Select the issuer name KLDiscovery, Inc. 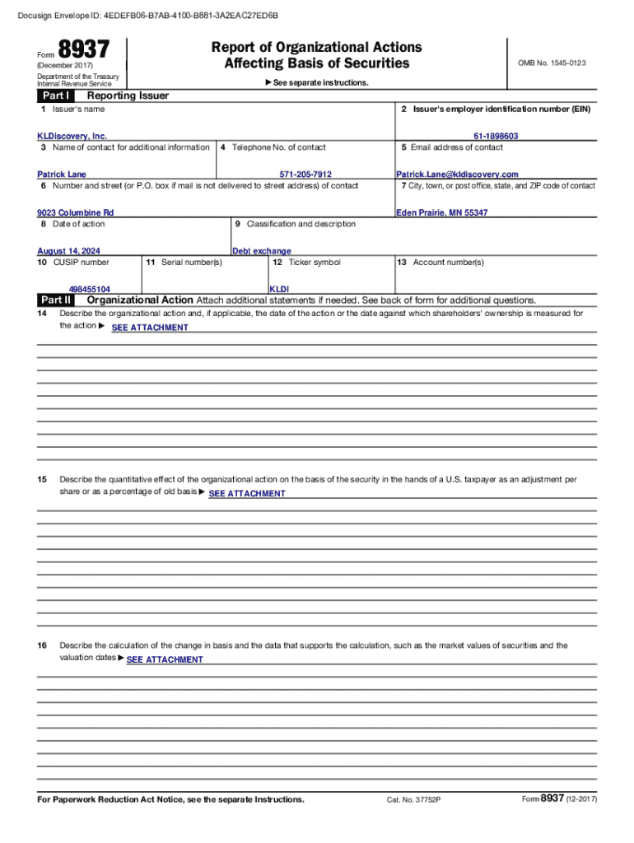[72, 136]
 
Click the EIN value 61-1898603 [495, 136]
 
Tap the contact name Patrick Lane [62, 175]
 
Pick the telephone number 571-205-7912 [305, 175]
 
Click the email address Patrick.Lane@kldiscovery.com [457, 175]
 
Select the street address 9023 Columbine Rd [75, 212]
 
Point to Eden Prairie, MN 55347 [441, 212]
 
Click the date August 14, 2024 [74, 251]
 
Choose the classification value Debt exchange [261, 251]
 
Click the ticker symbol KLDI [279, 289]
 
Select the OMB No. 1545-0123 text [552, 63]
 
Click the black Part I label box [54, 95]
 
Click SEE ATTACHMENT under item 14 [149, 328]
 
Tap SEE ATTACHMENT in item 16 [164, 659]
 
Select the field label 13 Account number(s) [440, 262]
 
